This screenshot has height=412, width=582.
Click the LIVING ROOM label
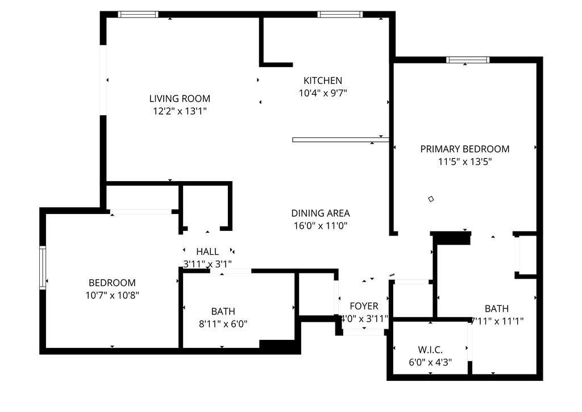click(x=180, y=98)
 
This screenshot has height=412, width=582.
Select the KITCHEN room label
click(x=323, y=81)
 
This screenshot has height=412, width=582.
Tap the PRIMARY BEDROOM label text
click(x=464, y=149)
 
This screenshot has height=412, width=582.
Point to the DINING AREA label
click(x=321, y=213)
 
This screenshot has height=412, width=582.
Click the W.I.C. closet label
click(x=430, y=349)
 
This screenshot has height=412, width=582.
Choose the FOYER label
click(x=364, y=306)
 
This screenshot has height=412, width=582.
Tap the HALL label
click(x=207, y=251)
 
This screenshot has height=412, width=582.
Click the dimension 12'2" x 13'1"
click(x=180, y=111)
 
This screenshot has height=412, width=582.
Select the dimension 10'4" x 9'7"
click(x=323, y=93)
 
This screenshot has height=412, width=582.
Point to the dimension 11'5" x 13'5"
click(x=464, y=162)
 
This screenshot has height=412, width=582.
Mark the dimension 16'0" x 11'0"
click(x=321, y=226)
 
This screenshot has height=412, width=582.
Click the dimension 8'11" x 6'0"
click(x=223, y=324)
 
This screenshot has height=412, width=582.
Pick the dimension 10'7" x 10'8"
click(x=112, y=295)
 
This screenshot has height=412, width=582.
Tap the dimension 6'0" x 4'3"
click(x=430, y=362)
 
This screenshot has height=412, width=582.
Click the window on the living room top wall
click(x=138, y=14)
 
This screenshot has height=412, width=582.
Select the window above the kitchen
click(x=339, y=14)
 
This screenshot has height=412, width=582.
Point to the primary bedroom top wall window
click(x=468, y=60)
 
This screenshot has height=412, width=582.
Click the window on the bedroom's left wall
click(x=42, y=267)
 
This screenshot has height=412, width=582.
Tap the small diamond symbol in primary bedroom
click(x=431, y=199)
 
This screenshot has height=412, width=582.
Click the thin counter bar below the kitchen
click(x=340, y=139)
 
